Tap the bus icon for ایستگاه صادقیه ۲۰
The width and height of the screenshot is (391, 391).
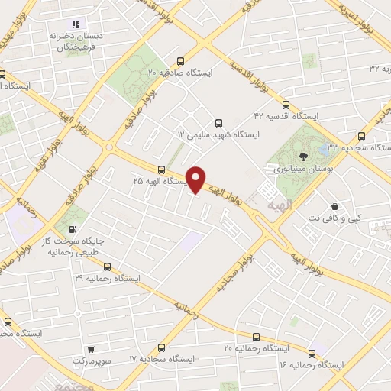coord(180,62)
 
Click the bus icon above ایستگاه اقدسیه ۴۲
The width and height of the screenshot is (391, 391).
coord(286,105)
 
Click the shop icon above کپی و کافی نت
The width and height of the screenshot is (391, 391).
coord(334,206)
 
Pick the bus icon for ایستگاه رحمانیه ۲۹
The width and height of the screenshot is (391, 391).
coord(107,267)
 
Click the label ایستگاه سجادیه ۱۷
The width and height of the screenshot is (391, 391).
coord(164,358)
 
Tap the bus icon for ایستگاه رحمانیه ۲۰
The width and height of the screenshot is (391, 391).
coord(256,336)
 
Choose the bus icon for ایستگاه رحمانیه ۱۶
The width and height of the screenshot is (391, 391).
coord(312,354)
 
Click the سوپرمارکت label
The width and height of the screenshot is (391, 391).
coord(92,360)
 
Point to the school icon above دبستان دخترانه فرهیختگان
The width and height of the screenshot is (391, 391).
coord(75,24)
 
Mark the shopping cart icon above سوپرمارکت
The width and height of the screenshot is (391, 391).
coord(92,348)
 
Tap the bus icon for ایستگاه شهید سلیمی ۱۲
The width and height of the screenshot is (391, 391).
coord(219,122)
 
